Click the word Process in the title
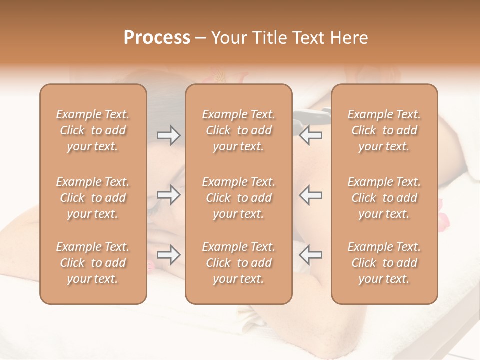coord(157,38)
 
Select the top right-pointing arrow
coord(168,135)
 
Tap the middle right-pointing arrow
coord(168,195)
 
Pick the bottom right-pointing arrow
coord(168,255)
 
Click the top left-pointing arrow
coord(310,135)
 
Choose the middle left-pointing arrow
coord(310,195)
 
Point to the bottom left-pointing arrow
coord(310,255)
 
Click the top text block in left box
coord(93,130)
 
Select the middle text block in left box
coord(93,198)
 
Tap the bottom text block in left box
coord(93,263)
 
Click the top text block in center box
coord(238,130)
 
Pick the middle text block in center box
coord(238,198)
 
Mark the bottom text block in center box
coord(238,263)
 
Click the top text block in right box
coord(384,130)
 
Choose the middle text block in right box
coord(384,198)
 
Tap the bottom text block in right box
coord(384,263)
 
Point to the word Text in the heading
coord(307,38)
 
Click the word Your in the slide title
coord(229,38)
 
